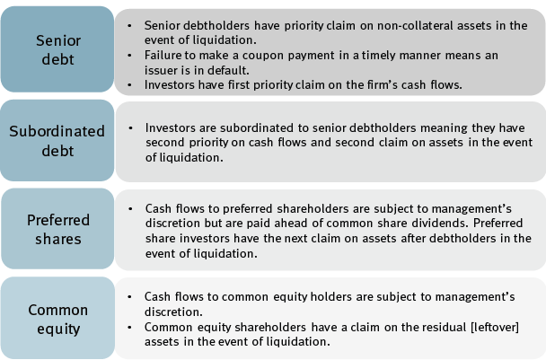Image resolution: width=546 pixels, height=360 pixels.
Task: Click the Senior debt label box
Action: coord(57,49)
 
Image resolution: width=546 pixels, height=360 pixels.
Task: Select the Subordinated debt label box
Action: coord(57,140)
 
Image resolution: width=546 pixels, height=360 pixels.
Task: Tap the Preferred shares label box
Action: coord(57,229)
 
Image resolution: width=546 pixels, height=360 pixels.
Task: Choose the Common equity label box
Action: coord(57,318)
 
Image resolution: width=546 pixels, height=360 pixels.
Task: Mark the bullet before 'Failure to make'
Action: coord(129,56)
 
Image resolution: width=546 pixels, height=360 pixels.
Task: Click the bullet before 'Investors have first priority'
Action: coord(129,85)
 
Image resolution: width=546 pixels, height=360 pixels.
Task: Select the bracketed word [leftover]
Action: coord(495,328)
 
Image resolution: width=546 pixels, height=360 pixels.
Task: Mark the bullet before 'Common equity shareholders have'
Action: coord(129,328)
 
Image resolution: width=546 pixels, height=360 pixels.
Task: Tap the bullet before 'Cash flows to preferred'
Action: coord(130,209)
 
